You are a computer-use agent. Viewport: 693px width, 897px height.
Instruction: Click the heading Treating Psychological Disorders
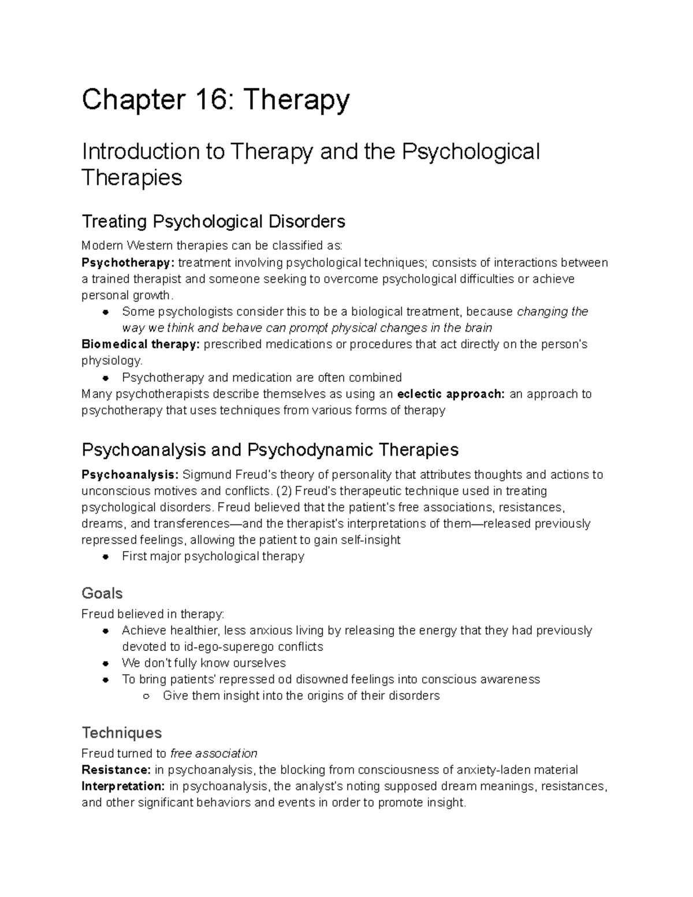213,221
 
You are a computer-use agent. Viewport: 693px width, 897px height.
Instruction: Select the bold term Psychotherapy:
128,263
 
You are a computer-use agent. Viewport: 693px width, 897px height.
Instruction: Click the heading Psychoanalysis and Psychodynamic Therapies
270,449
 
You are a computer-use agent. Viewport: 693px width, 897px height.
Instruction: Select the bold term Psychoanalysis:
130,475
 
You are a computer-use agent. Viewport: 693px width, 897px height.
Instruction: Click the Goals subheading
102,593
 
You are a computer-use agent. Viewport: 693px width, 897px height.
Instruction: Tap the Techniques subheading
121,732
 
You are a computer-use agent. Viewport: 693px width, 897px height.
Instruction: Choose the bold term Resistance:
116,770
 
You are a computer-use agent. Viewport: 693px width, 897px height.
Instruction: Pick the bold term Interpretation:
123,786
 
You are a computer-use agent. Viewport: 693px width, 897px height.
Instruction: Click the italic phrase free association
214,753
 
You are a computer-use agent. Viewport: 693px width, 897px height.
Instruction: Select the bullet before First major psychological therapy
106,557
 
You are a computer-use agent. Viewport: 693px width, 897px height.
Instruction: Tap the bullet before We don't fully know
106,663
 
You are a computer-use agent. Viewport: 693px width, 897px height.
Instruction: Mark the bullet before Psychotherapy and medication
106,378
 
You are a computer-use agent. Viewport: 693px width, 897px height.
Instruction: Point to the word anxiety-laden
496,770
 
